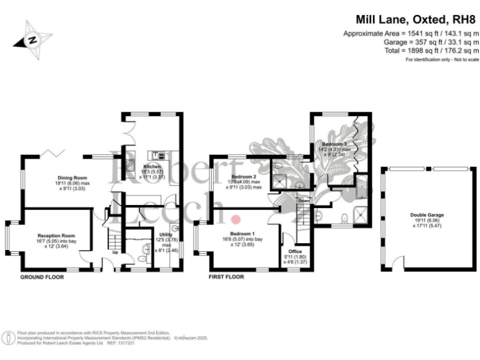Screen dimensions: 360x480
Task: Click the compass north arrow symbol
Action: click(x=33, y=39)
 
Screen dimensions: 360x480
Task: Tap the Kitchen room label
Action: click(x=152, y=167)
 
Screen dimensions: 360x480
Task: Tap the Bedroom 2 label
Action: click(x=241, y=177)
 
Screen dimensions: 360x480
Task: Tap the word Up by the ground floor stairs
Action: click(x=115, y=252)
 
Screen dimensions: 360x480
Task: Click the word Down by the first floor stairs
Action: click(x=304, y=201)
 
